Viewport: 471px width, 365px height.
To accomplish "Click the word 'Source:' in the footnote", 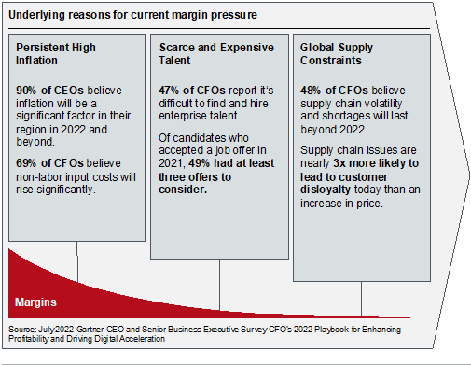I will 23,328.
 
